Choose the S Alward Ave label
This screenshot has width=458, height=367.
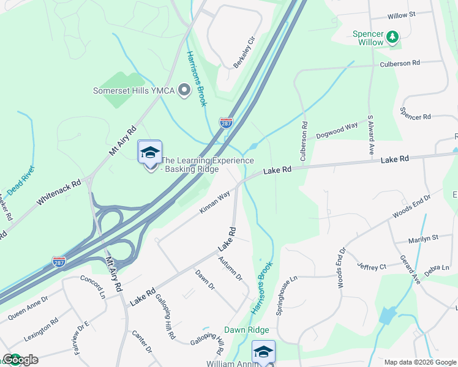pos(370,133)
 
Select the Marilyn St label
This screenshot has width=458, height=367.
pos(426,237)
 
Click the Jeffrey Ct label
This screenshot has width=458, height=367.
pos(372,267)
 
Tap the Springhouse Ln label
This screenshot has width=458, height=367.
pos(286,295)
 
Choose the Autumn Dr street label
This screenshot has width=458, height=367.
pos(230,269)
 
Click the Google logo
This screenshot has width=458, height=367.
pos(20,360)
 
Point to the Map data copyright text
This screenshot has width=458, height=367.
pos(419,362)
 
